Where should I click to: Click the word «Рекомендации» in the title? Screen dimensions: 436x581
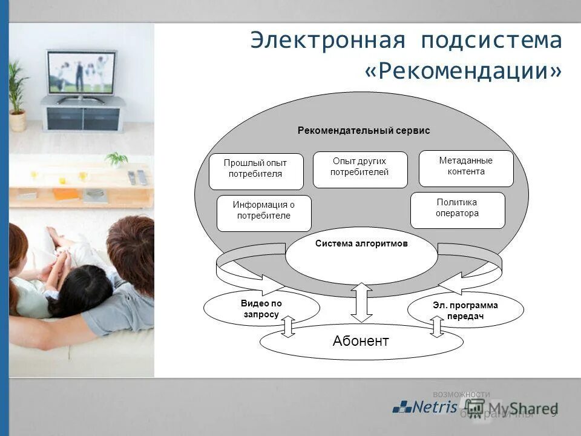tap(463, 71)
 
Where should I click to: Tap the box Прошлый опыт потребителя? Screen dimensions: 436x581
tap(255, 171)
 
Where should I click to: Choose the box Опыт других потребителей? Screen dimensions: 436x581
tap(359, 169)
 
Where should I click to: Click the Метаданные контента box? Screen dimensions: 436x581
tap(465, 168)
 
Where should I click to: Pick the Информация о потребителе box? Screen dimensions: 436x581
tap(264, 213)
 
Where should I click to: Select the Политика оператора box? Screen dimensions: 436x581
tap(457, 210)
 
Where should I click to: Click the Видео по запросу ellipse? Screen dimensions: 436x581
tap(261, 308)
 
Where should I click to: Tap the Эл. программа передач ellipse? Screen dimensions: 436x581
tap(465, 309)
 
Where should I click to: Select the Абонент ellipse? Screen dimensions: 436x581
tap(361, 342)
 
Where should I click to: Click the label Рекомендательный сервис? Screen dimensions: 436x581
tap(363, 130)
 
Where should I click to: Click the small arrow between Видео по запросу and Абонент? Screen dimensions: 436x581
tap(288, 326)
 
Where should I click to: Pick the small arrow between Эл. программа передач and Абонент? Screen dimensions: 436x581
tap(437, 326)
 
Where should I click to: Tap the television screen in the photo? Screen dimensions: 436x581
tap(80, 71)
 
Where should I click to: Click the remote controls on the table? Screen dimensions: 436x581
tap(137, 177)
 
